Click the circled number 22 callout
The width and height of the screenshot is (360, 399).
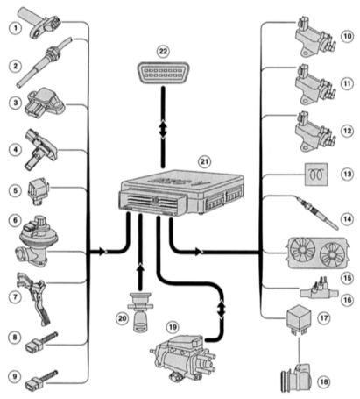click(x=163, y=52)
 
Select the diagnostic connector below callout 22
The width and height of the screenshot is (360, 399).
click(x=163, y=73)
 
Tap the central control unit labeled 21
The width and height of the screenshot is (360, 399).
click(x=182, y=193)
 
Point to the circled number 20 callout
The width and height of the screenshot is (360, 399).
click(x=122, y=317)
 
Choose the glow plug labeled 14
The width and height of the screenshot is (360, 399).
click(x=317, y=213)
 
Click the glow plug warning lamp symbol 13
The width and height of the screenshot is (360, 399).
click(x=316, y=175)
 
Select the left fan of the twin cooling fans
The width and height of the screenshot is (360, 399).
click(x=302, y=252)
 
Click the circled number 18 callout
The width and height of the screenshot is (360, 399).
click(x=324, y=381)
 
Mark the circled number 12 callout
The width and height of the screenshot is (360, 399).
click(x=347, y=131)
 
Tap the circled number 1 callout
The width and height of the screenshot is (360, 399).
click(x=15, y=28)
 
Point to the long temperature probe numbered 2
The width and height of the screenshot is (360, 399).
click(x=44, y=62)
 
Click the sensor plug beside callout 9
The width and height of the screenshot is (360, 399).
click(x=42, y=379)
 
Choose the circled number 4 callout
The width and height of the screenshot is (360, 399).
click(x=15, y=150)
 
